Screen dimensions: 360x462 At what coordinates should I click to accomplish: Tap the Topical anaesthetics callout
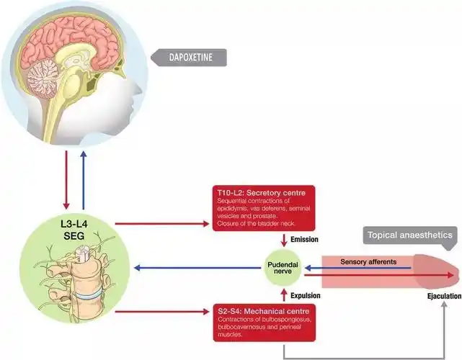(x=410, y=235)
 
